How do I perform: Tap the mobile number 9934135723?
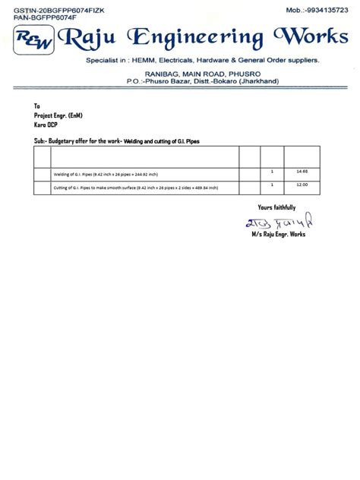coord(324,9)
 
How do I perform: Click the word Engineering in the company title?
coord(191,37)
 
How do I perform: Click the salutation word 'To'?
coord(37,106)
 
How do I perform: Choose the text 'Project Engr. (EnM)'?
coord(59,114)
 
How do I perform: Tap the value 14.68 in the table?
coord(302,172)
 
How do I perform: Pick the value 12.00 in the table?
coord(302,185)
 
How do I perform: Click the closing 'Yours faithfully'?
coord(276,207)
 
